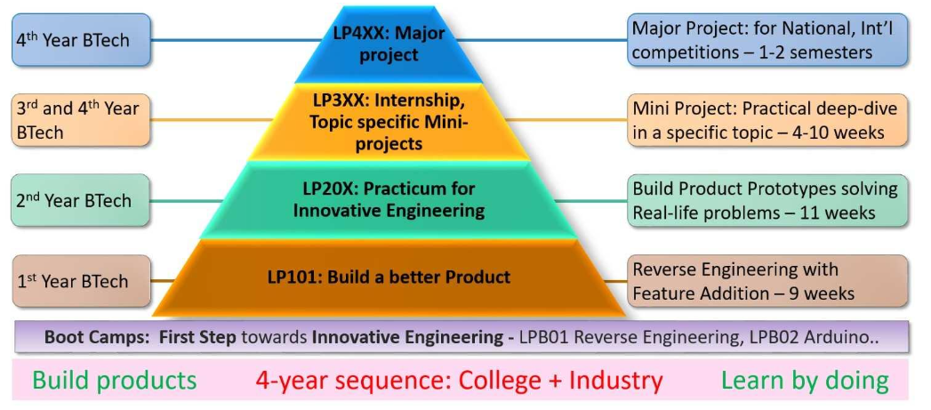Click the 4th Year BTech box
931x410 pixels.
81,40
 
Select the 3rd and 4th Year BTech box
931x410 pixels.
81,120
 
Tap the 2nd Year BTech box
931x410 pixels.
81,200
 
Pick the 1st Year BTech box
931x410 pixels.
81,281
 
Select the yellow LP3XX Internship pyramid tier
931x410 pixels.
389,121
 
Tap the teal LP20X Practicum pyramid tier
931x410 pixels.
389,199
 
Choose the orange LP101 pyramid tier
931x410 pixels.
389,277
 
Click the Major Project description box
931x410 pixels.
767,40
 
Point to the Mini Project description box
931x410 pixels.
767,120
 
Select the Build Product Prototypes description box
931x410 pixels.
767,200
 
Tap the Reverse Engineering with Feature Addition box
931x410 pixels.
767,281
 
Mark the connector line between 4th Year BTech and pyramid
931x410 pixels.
235,40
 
